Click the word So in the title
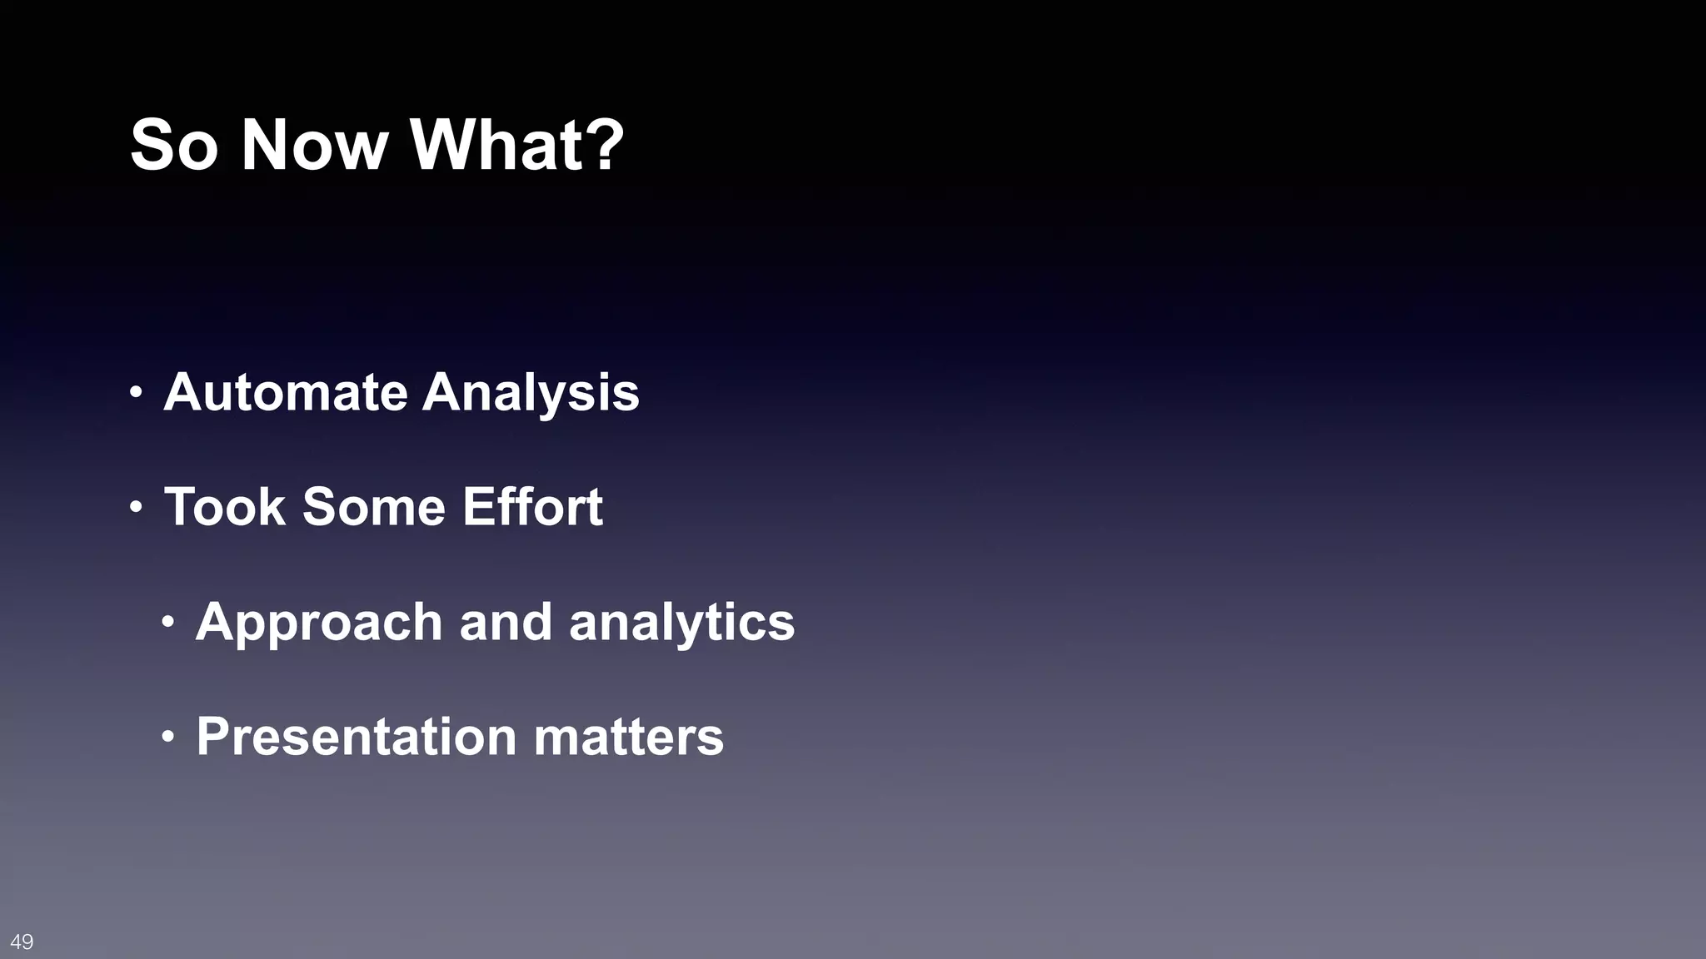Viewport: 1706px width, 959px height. click(x=174, y=146)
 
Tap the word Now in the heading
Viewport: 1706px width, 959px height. click(x=315, y=146)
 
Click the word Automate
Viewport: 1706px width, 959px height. click(x=285, y=392)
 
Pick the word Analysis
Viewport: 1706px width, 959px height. click(x=531, y=394)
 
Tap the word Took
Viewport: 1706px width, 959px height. click(x=225, y=507)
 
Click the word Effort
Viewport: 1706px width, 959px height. click(x=532, y=507)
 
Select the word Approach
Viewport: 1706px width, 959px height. click(x=319, y=624)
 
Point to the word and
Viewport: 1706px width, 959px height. click(x=506, y=622)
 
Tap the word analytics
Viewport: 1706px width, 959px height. click(x=681, y=624)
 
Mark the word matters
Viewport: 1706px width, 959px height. click(x=628, y=738)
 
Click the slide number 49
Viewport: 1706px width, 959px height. click(x=22, y=942)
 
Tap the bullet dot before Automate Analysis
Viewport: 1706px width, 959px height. click(x=137, y=392)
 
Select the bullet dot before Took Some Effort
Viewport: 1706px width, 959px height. click(x=137, y=507)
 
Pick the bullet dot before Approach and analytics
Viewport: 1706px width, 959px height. click(x=168, y=622)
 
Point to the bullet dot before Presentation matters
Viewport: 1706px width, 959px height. click(x=168, y=737)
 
